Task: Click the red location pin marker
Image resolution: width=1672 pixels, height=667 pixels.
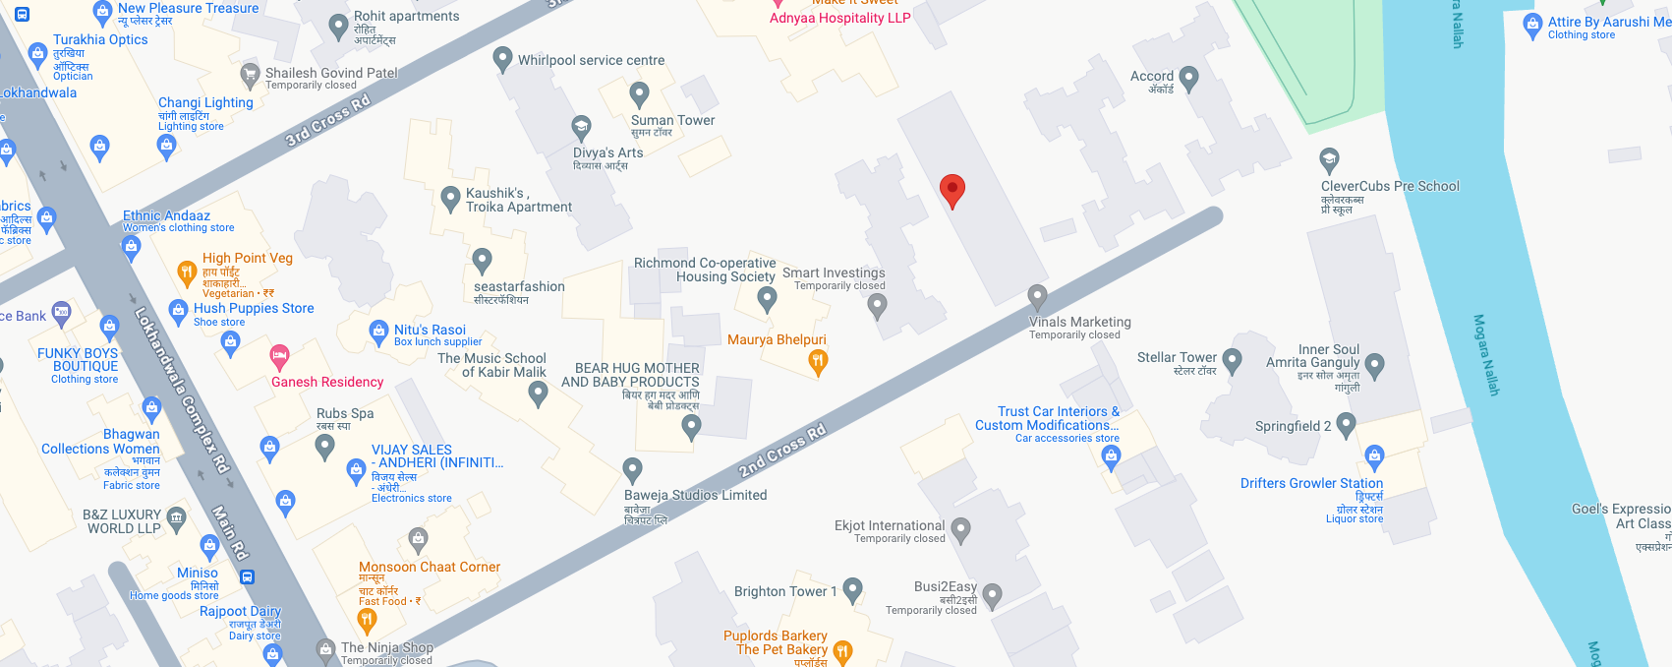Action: coord(951,190)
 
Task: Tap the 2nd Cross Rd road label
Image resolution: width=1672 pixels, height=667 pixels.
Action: coord(782,451)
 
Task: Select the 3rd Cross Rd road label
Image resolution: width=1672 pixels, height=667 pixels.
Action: coord(328,120)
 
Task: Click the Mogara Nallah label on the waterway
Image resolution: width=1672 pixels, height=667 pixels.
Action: coord(1485,354)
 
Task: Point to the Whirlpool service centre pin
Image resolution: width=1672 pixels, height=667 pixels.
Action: coord(502,59)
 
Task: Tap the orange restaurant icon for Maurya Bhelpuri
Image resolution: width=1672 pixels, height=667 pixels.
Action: coord(817,362)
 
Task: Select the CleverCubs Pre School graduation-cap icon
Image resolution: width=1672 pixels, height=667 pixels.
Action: coord(1329,159)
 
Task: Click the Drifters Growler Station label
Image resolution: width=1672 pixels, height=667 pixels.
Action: coord(1311,483)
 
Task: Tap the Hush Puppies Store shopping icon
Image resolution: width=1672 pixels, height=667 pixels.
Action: coord(178,312)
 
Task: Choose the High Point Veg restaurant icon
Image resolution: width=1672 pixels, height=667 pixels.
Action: coord(186,273)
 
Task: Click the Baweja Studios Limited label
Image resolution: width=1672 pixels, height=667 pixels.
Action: coord(695,495)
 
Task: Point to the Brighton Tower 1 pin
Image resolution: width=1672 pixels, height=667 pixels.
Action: coord(852,589)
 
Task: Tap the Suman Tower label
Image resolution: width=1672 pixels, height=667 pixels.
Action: coord(672,120)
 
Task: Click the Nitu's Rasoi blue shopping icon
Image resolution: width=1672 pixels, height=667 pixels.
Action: coord(378,333)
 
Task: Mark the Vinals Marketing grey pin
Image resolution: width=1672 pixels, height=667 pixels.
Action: coord(1037,296)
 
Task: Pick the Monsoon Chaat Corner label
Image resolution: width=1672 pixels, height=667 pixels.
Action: coord(430,567)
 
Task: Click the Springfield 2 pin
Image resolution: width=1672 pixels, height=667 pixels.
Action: coord(1346,424)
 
